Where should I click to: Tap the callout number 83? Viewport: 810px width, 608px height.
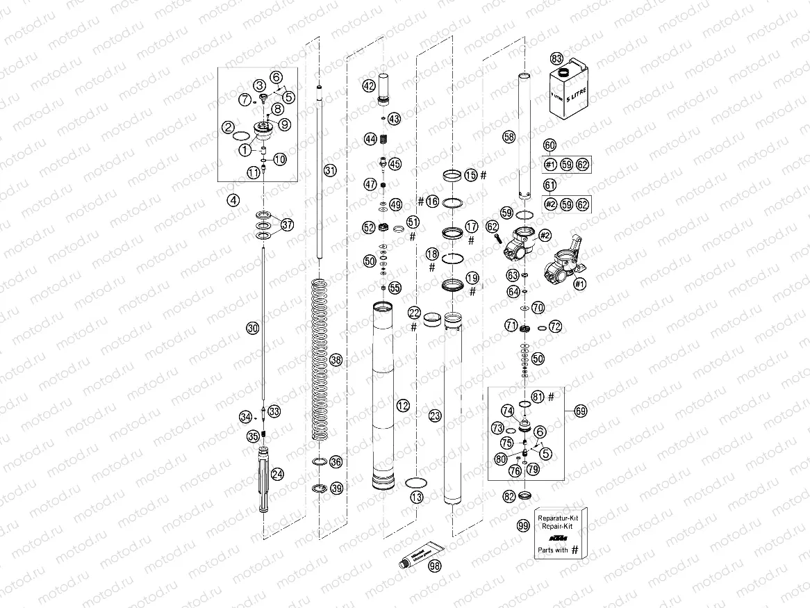click(556, 58)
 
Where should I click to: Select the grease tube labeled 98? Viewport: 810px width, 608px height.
click(416, 557)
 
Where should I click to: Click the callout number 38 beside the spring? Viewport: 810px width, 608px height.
click(336, 360)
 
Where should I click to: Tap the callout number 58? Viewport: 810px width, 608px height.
click(509, 138)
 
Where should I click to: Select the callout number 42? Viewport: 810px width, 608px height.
click(368, 87)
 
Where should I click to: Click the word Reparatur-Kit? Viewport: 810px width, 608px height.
click(558, 518)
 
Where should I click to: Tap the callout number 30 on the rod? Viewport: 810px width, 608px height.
click(252, 327)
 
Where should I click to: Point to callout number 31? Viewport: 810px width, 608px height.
click(329, 170)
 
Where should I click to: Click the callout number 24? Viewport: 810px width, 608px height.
click(277, 474)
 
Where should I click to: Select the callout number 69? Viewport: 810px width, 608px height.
click(581, 411)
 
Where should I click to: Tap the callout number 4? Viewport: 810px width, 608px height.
click(233, 200)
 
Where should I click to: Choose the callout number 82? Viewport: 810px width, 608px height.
click(510, 496)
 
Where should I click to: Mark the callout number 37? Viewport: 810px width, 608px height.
click(287, 224)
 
